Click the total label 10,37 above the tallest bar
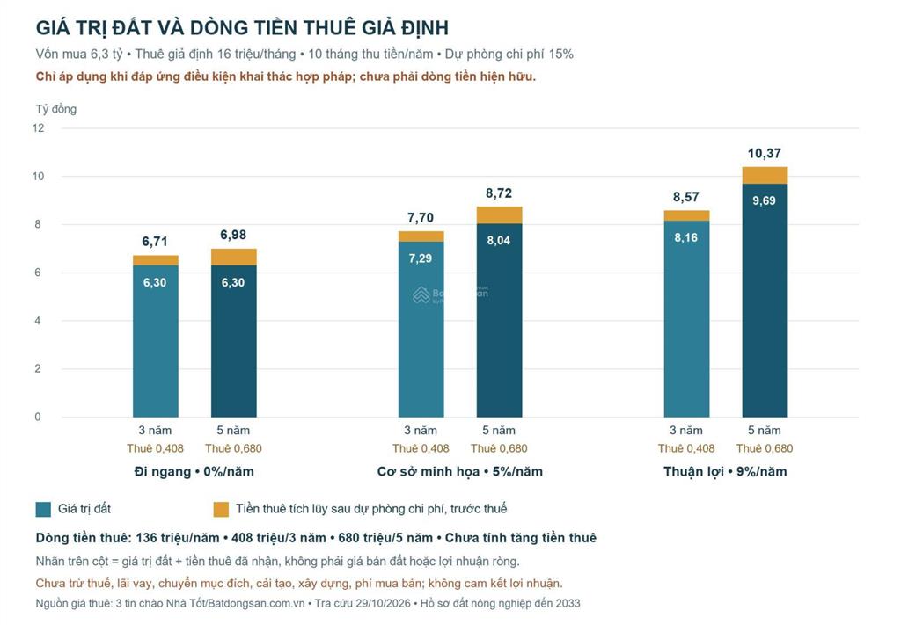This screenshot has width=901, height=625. (x=765, y=153)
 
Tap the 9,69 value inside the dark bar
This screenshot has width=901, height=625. (x=765, y=200)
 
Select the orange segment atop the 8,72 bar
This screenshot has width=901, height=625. (x=500, y=215)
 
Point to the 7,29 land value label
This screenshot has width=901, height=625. (x=420, y=258)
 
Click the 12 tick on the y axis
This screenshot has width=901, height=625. (x=38, y=128)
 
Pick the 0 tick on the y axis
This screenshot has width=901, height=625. (x=38, y=418)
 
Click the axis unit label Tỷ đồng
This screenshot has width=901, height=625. (x=55, y=109)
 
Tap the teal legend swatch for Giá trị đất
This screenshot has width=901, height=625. (x=43, y=509)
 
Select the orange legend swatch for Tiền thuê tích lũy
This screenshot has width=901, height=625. (x=221, y=509)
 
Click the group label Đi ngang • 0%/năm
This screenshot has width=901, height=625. (x=194, y=472)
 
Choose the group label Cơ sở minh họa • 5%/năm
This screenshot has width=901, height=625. (x=459, y=472)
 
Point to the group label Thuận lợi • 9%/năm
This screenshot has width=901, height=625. (x=725, y=472)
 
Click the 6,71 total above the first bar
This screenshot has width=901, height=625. (x=155, y=242)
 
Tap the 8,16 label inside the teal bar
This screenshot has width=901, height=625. (x=686, y=237)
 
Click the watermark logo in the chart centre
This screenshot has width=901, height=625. (x=421, y=295)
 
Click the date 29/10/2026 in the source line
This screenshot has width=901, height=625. (x=384, y=603)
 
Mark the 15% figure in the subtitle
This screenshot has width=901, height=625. (x=560, y=54)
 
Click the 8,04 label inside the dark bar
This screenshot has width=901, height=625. (x=499, y=241)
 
